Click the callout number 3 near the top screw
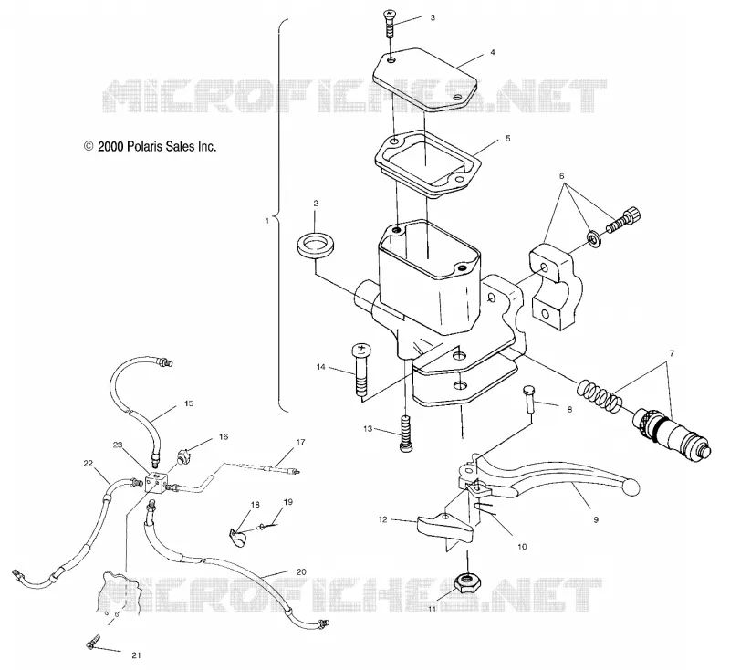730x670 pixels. point(433,17)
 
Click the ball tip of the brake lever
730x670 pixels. point(631,488)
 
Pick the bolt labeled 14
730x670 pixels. point(361,371)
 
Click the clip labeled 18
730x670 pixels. point(239,538)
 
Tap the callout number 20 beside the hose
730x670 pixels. point(301,571)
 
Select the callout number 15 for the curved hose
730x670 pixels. point(189,403)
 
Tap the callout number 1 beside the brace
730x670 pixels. point(267,221)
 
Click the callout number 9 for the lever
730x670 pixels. point(596,520)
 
